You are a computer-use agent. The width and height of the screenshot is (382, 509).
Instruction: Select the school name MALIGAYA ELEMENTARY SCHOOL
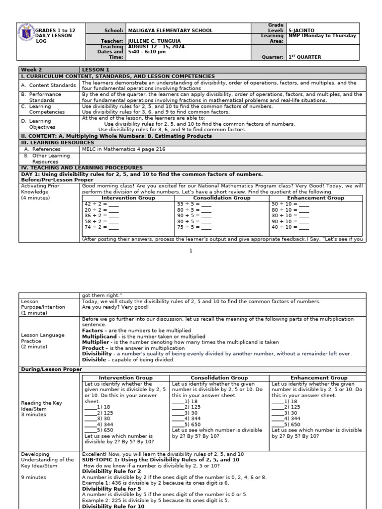pos(170,30)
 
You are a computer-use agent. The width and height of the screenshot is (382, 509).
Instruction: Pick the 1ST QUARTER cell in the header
pos(305,57)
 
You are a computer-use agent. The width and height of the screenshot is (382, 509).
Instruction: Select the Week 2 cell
pos(30,70)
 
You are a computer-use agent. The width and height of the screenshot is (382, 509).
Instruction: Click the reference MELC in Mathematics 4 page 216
pos(123,149)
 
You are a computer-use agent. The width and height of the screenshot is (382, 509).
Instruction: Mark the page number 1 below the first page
pos(191,251)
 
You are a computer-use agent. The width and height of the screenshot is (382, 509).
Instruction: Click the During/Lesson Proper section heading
pos(50,369)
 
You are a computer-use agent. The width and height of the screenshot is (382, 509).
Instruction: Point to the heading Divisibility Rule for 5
pos(107,489)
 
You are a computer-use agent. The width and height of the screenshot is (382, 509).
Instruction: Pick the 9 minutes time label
pos(33,477)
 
